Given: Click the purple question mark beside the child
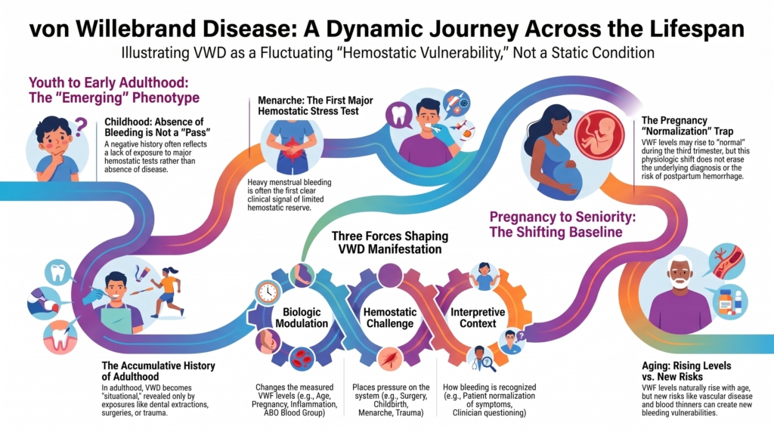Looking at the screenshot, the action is [x=80, y=127].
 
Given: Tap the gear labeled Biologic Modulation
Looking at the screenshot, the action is [x=302, y=318].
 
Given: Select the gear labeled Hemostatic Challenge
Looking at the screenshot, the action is [x=390, y=318].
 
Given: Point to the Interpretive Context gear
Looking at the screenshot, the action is [x=478, y=318].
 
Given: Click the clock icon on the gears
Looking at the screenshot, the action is [x=268, y=292].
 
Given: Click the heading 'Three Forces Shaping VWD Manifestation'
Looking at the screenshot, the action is [x=389, y=242].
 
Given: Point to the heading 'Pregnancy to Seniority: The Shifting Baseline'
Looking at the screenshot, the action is [x=562, y=224].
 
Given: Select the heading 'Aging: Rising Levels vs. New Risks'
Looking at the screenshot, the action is [x=686, y=371].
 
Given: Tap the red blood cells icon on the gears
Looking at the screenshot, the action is [x=302, y=359].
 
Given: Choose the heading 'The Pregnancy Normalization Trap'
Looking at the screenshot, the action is [x=686, y=126].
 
